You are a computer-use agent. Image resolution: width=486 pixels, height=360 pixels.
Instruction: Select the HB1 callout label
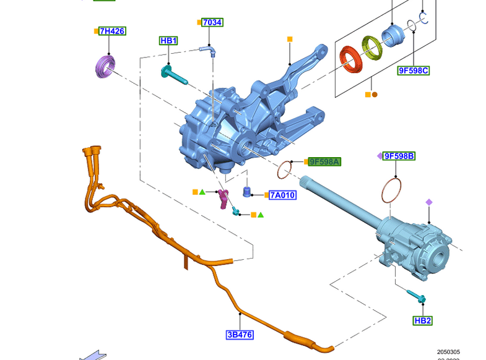tap(168, 41)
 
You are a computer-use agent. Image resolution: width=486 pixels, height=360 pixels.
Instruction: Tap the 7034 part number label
tap(212, 22)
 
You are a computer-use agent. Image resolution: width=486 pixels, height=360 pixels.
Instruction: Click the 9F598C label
tap(413, 71)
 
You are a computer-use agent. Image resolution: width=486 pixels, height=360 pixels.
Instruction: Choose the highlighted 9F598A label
tap(325, 161)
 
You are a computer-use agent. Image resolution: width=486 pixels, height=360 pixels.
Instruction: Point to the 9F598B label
tap(399, 156)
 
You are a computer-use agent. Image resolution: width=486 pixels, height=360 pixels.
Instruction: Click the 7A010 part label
tap(282, 195)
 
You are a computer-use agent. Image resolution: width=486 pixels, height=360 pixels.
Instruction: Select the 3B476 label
tap(240, 335)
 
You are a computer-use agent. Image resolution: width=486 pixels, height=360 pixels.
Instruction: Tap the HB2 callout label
tap(423, 320)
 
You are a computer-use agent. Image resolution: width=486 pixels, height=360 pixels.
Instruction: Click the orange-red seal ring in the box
tap(354, 60)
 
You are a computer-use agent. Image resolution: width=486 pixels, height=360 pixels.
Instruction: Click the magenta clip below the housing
tap(223, 198)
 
